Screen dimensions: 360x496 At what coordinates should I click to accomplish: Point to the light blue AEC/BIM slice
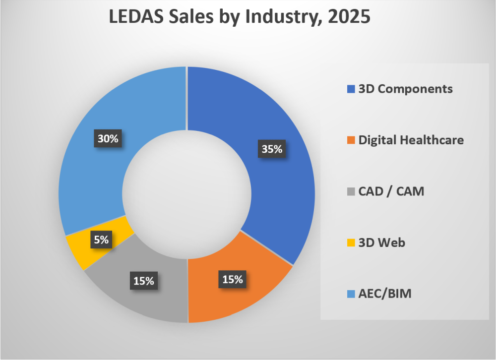click(x=99, y=164)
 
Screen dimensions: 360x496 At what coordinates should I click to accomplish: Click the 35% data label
click(x=271, y=149)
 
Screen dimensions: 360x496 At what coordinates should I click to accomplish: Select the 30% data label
click(x=108, y=139)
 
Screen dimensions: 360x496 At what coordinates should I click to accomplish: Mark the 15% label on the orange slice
click(x=232, y=279)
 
